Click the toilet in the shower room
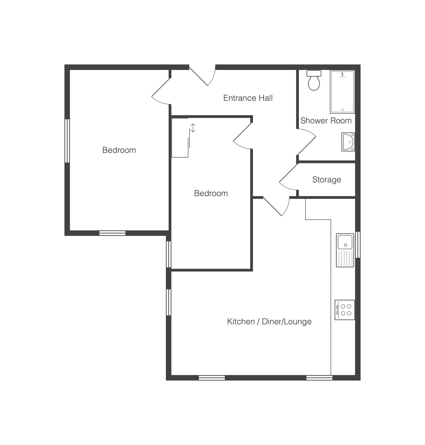click(314, 80)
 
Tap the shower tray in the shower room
click(342, 92)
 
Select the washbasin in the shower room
click(348, 142)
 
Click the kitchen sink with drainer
click(345, 250)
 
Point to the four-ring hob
click(345, 310)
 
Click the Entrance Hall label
click(248, 98)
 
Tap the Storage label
click(327, 180)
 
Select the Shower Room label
click(326, 121)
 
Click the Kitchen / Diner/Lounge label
click(269, 322)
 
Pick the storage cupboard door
click(289, 177)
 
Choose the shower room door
click(306, 142)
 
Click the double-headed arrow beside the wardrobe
click(193, 128)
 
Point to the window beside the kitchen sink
click(358, 245)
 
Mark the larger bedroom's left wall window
click(67, 141)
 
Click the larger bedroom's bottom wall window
click(112, 233)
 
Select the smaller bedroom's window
click(169, 254)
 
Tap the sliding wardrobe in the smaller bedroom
click(181, 138)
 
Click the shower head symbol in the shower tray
click(342, 76)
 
